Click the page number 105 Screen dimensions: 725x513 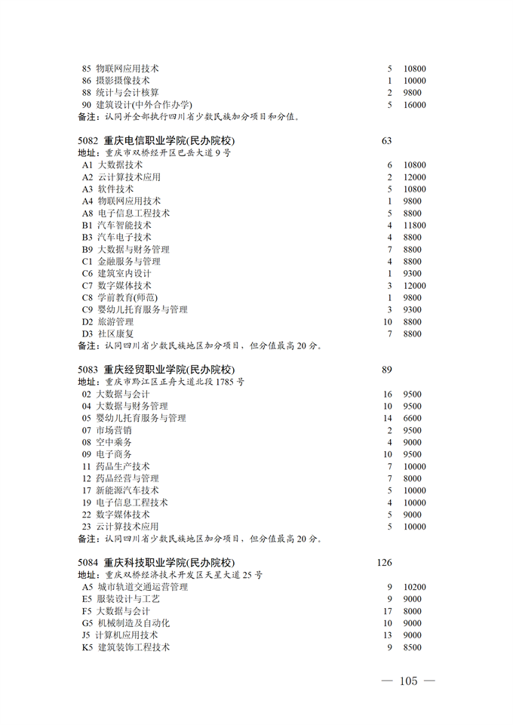408,681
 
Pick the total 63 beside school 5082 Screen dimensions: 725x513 388,140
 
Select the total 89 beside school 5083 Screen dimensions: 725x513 388,370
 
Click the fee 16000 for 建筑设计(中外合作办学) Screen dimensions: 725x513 414,105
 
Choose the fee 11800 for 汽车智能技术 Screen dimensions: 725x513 414,226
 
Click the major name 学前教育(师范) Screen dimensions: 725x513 127,298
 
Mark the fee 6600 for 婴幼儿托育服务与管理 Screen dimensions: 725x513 412,419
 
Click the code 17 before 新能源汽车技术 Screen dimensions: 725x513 87,491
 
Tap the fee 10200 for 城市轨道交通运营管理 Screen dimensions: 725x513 414,587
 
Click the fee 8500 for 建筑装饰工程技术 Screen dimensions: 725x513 412,647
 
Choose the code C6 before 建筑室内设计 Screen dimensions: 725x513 88,274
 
